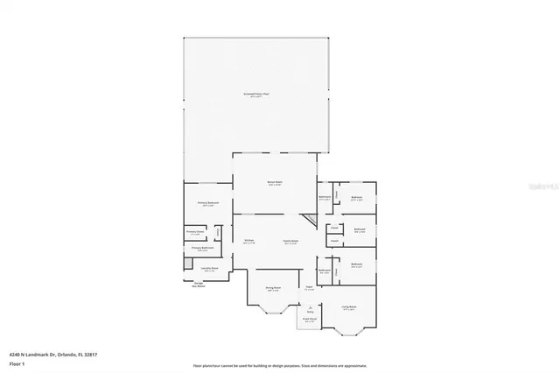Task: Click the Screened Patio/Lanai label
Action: pos(256,94)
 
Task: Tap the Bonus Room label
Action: pos(274,183)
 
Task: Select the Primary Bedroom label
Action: pos(206,204)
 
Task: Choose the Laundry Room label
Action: pos(208,269)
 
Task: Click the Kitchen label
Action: pos(248,241)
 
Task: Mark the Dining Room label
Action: pos(273,288)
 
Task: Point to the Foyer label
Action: pos(309,288)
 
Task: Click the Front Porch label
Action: pos(310,320)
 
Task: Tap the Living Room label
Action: pos(349,307)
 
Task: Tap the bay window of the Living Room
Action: pos(349,330)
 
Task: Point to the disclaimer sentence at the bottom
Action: pos(279,364)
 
